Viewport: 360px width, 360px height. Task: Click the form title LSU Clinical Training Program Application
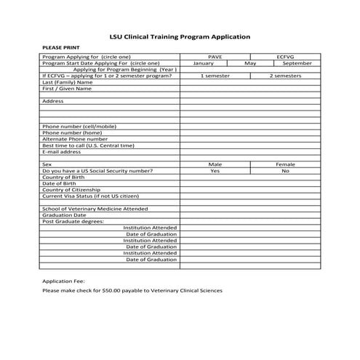(x=180, y=36)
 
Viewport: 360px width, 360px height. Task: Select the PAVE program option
(x=215, y=57)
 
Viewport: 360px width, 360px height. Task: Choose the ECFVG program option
(x=284, y=57)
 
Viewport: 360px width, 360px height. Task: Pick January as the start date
(x=203, y=63)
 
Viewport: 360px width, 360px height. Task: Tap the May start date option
(x=250, y=63)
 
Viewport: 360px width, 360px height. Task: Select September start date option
(x=297, y=63)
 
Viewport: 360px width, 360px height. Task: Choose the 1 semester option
(x=215, y=76)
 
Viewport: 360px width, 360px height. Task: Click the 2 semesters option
(x=285, y=76)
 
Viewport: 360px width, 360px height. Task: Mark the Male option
(x=215, y=164)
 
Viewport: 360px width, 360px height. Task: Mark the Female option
(x=285, y=164)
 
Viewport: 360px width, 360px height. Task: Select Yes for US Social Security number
(x=215, y=171)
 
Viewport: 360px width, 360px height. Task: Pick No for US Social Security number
(x=285, y=171)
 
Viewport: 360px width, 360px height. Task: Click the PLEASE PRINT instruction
(x=57, y=47)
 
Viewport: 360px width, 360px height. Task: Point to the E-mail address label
(x=62, y=152)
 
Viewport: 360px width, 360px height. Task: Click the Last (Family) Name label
(x=68, y=82)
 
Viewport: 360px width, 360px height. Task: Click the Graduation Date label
(x=64, y=215)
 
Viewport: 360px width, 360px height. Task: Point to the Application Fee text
(x=64, y=280)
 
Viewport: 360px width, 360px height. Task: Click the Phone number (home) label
(x=72, y=133)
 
